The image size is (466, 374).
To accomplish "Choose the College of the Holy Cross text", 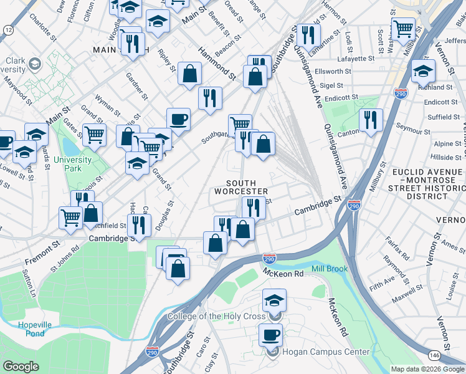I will [x=216, y=316].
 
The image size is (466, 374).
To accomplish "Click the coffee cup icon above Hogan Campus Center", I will [x=271, y=335].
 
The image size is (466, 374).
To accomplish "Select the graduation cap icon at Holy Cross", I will [x=274, y=300].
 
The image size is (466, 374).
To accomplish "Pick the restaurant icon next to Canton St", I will [x=371, y=119].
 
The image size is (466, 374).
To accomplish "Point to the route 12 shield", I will [x=7, y=29].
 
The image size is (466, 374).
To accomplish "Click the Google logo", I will [x=21, y=367].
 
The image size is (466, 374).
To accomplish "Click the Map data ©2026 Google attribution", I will [x=427, y=369].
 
